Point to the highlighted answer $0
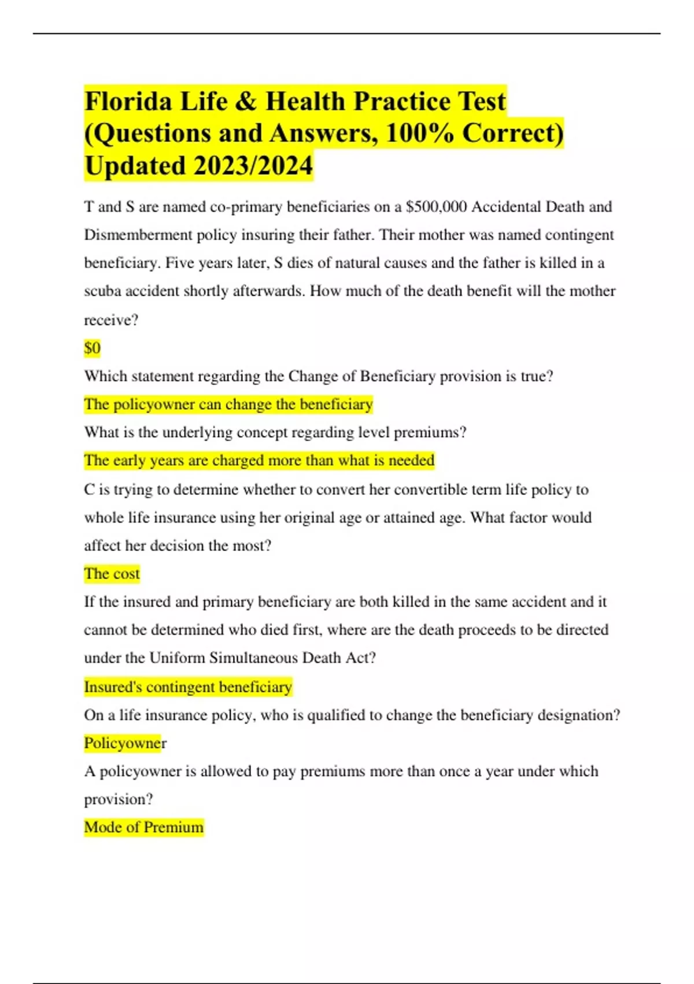pyautogui.click(x=92, y=348)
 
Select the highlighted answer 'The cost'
pyautogui.click(x=112, y=574)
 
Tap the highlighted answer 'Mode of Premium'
pyautogui.click(x=143, y=827)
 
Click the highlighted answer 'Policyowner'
pyautogui.click(x=125, y=743)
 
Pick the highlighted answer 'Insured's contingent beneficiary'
pyautogui.click(x=188, y=686)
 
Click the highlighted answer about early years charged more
pyautogui.click(x=259, y=460)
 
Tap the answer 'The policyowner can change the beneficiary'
pyautogui.click(x=228, y=404)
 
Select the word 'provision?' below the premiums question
pyautogui.click(x=119, y=799)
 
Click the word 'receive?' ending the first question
pyautogui.click(x=111, y=320)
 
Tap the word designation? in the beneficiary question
pyautogui.click(x=578, y=715)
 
